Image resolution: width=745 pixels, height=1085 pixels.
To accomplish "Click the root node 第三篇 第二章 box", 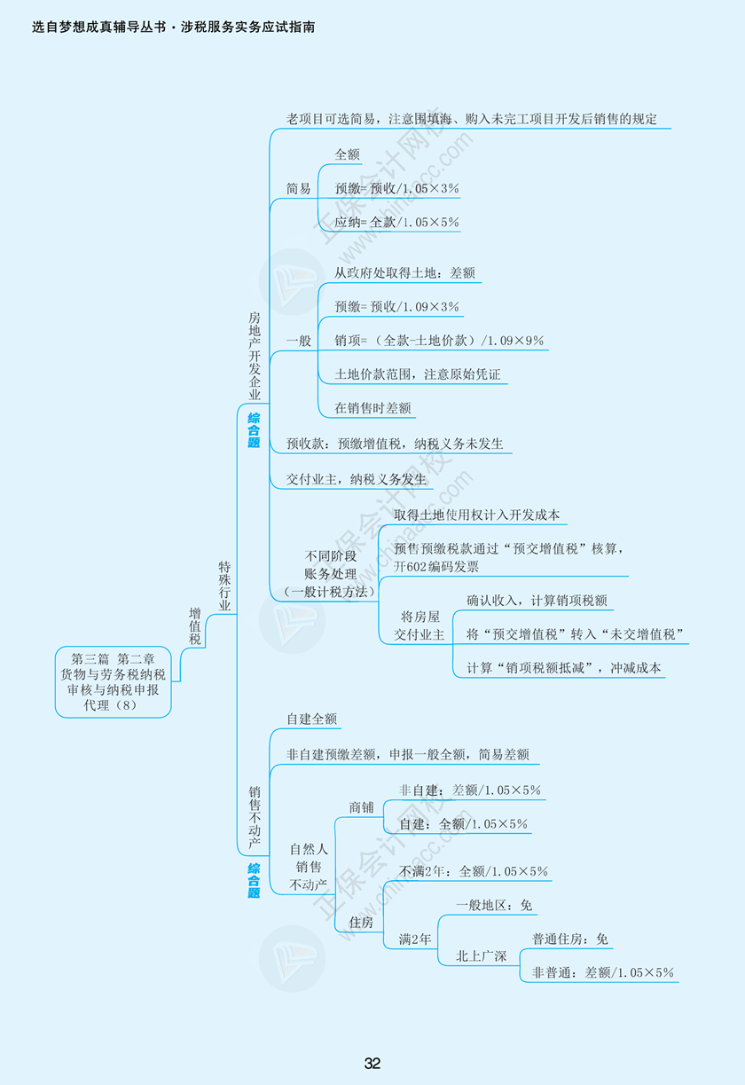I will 113,681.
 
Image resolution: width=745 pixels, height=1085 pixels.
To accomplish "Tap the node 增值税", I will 195,626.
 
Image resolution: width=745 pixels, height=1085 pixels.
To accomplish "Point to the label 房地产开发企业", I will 255,355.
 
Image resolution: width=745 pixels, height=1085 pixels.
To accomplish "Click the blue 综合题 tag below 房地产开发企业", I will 255,430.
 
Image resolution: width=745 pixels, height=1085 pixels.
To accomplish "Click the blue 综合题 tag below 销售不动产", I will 255,881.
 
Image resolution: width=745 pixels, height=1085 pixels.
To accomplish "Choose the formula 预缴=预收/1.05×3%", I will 396,188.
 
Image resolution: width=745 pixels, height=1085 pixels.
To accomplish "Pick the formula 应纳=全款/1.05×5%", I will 396,222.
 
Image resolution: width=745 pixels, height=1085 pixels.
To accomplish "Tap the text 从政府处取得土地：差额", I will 404,273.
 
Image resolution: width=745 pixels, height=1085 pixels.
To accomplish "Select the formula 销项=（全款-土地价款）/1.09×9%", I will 438,340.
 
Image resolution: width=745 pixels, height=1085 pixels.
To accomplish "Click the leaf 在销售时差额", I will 372,407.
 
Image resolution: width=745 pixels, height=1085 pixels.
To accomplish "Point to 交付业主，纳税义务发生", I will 356,479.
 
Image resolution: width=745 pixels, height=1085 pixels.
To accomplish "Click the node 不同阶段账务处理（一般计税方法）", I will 330,573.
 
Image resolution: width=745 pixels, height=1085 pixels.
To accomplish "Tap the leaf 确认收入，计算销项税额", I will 537,601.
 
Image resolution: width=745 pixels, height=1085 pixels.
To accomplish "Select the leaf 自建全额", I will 311,719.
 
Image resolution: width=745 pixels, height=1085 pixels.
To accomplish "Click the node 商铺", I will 361,807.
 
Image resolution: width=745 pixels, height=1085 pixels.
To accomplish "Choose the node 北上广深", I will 481,955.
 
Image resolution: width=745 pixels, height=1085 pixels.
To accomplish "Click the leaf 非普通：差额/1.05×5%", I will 602,972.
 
